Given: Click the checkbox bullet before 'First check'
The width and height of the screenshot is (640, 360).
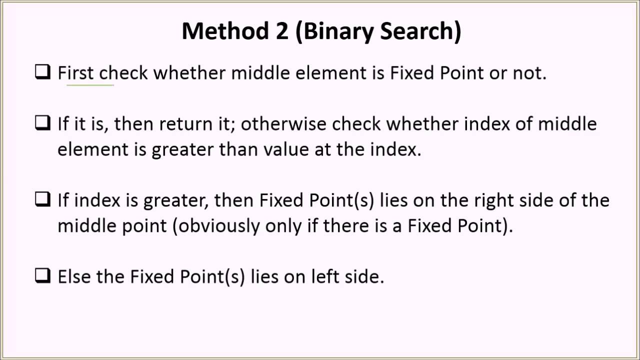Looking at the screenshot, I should click(42, 72).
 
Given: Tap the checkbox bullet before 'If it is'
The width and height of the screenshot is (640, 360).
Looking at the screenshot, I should click(42, 123).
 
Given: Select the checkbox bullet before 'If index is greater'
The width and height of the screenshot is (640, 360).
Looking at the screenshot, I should click(42, 200).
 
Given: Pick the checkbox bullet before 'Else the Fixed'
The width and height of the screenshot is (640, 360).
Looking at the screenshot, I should click(42, 276).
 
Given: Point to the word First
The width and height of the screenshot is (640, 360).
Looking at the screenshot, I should click(75, 73).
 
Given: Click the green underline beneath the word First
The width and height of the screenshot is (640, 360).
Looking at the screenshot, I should click(90, 85).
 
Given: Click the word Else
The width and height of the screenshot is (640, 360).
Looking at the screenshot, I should click(74, 276).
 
